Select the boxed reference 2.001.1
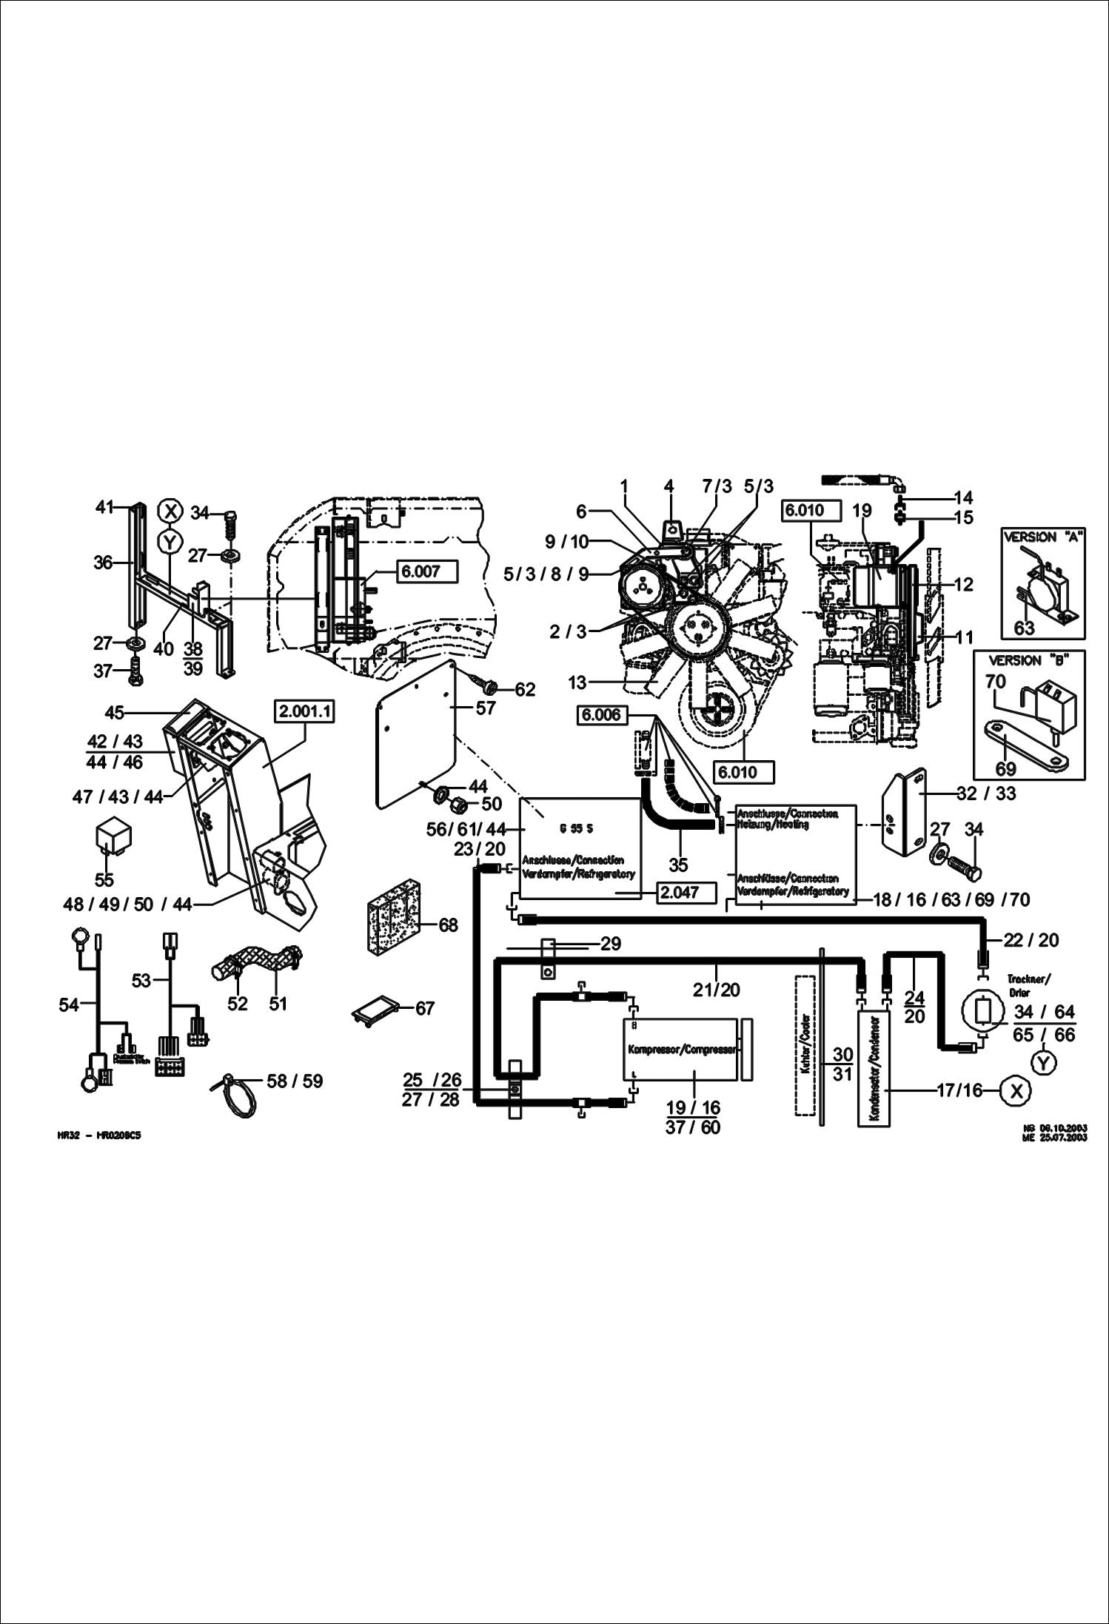(305, 712)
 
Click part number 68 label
(448, 925)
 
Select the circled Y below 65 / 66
(1043, 1063)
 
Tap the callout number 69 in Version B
(1005, 769)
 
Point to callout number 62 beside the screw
(524, 690)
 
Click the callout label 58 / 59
(295, 1081)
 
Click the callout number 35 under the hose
(677, 864)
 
